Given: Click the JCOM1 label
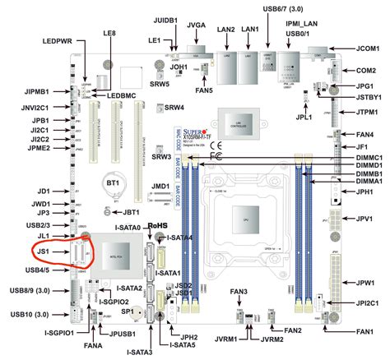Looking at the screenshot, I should coord(369,48).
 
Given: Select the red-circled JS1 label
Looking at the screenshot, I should coord(44,251).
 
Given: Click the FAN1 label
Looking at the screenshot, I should coord(369,332).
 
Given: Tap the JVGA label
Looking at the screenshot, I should coord(197,25).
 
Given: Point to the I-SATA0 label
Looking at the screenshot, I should coord(128,228).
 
